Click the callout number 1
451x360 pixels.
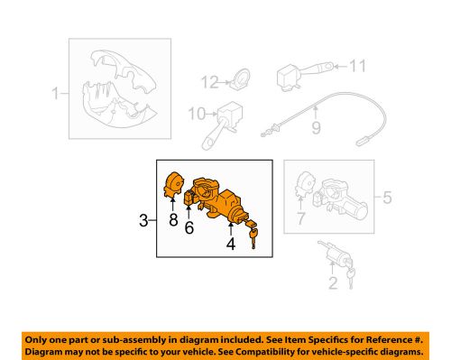(55, 92)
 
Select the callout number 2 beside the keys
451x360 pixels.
(333, 284)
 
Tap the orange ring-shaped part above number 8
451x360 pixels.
(173, 186)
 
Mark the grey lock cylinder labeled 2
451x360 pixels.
(335, 257)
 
